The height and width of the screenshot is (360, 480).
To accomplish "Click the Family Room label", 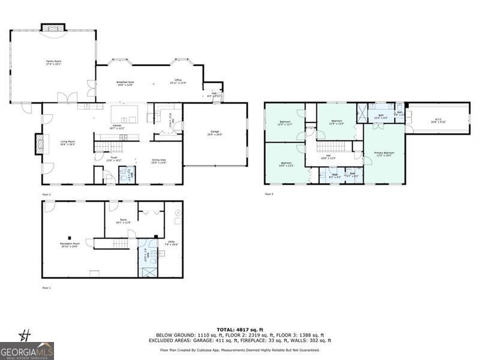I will point(54,62).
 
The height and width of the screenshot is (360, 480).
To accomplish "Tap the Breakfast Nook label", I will point(125,83).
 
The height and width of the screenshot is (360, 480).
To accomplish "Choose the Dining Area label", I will point(158,161).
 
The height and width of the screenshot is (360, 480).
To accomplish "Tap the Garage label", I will point(214,134).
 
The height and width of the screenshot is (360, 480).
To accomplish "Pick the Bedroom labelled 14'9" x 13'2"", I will point(286,163).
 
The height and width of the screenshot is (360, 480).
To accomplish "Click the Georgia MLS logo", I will point(27,350).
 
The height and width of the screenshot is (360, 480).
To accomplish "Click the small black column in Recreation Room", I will point(70,236).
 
